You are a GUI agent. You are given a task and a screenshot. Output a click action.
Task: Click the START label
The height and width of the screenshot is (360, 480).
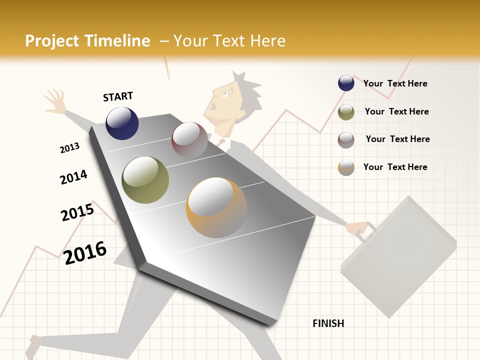[118, 96]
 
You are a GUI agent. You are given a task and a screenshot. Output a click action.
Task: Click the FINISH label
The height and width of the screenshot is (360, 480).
[328, 323]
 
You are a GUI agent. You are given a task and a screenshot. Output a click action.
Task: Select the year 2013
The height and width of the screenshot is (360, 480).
[69, 148]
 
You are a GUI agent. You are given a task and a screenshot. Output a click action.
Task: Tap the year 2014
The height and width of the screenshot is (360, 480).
[73, 177]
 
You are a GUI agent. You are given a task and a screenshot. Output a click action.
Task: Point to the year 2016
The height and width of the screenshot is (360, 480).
[85, 253]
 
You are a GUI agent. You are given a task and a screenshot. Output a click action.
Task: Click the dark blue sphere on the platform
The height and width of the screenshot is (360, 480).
[122, 123]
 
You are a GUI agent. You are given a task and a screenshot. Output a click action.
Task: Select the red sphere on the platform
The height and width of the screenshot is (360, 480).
[189, 140]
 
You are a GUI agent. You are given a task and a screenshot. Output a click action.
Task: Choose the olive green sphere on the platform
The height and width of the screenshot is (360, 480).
[145, 180]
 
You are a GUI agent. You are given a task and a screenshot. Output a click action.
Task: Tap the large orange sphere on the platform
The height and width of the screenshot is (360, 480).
[216, 207]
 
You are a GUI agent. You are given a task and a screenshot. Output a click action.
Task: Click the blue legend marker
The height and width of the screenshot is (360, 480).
[346, 83]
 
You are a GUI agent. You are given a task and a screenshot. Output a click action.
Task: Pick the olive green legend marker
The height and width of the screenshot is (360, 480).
[346, 112]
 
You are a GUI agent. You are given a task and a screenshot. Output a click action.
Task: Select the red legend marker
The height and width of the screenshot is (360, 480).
[346, 140]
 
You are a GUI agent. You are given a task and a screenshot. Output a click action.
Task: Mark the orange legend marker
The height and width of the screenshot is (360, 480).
[346, 167]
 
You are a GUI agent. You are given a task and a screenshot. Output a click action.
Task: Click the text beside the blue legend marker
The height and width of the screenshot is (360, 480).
[395, 83]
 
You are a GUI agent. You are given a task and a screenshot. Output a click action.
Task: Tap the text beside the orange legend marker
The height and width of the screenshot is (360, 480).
[395, 167]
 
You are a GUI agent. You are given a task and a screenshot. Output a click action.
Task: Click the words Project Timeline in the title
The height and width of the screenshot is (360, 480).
[87, 41]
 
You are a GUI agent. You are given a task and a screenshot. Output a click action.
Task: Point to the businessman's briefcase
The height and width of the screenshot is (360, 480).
[397, 255]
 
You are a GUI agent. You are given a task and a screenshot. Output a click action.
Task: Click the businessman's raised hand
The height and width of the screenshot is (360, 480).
[54, 100]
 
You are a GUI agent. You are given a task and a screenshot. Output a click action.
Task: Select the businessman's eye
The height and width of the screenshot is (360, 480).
[225, 93]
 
